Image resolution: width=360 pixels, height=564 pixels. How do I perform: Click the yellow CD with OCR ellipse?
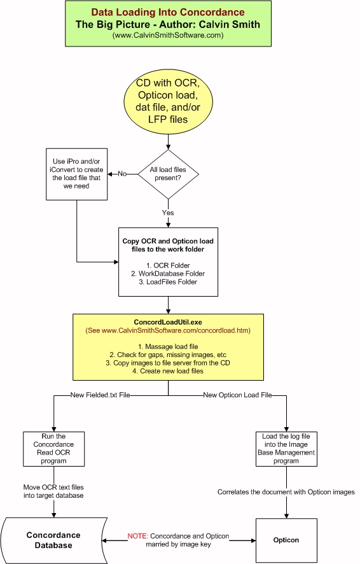pos(168,101)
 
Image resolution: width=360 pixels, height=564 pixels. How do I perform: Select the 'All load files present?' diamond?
pos(168,174)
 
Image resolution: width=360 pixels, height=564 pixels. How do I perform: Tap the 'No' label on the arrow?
pos(122,174)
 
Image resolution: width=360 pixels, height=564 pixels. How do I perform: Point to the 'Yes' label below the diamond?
pos(168,213)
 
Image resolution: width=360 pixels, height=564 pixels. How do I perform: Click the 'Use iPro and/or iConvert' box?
pos(77,174)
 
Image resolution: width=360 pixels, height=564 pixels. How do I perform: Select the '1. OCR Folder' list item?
pos(168,265)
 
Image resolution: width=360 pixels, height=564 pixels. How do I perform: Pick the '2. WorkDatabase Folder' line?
pos(168,274)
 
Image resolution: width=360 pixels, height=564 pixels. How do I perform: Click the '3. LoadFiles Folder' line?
pos(168,282)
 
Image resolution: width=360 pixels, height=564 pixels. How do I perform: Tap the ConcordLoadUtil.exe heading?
pos(168,322)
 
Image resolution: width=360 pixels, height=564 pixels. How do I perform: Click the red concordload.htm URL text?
pos(168,330)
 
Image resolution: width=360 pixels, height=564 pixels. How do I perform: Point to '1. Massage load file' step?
pos(168,347)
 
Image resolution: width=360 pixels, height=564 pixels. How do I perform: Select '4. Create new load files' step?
pos(168,371)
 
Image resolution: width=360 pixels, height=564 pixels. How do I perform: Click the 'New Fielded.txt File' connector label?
pos(100,395)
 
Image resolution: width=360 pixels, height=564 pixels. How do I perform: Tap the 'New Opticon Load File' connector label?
pos(237,395)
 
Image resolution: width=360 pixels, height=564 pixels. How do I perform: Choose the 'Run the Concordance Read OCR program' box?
pos(54,449)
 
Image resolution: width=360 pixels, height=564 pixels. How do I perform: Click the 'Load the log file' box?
pos(286,449)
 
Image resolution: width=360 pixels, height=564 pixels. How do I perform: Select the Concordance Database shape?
pos(54,540)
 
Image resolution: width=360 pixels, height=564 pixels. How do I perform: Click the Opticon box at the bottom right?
pos(286,540)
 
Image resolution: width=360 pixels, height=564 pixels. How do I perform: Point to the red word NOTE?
pos(137,536)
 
